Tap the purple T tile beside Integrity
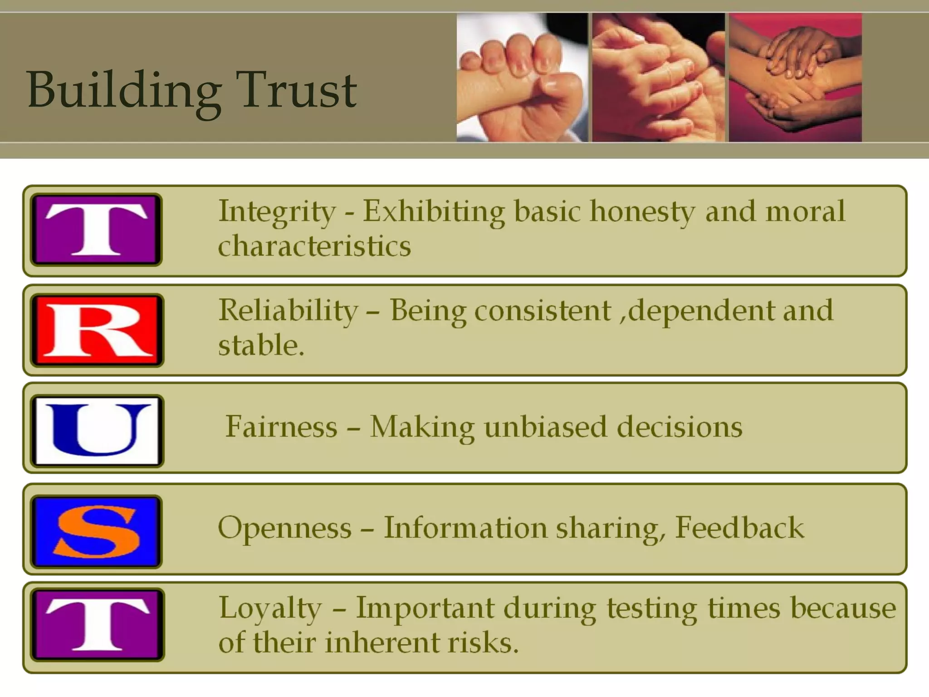96,230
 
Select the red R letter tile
97,330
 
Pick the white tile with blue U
97,431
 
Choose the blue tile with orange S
96,532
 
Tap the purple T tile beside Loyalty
97,625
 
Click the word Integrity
277,211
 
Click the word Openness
284,528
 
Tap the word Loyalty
270,608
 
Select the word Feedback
739,528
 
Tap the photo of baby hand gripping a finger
522,77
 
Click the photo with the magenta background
795,77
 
